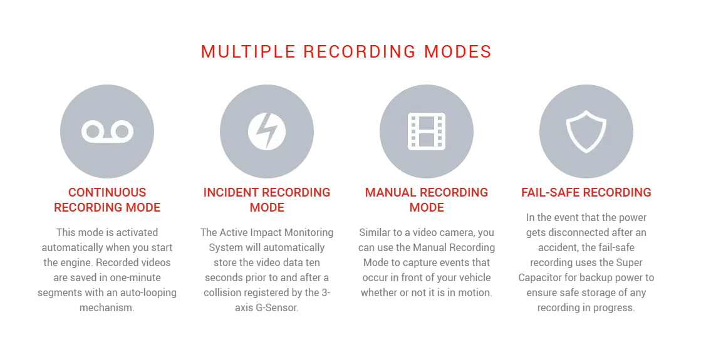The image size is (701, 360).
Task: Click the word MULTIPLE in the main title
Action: click(x=248, y=51)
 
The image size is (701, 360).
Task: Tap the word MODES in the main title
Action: click(x=458, y=51)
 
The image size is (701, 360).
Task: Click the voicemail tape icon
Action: click(x=107, y=131)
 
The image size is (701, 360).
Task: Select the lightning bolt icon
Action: click(x=267, y=131)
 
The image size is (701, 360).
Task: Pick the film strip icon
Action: click(x=427, y=131)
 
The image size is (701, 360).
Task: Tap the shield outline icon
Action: click(x=586, y=131)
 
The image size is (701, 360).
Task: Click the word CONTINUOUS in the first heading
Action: click(x=107, y=192)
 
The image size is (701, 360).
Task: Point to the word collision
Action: click(x=223, y=292)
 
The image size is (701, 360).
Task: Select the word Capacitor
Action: click(x=539, y=278)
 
